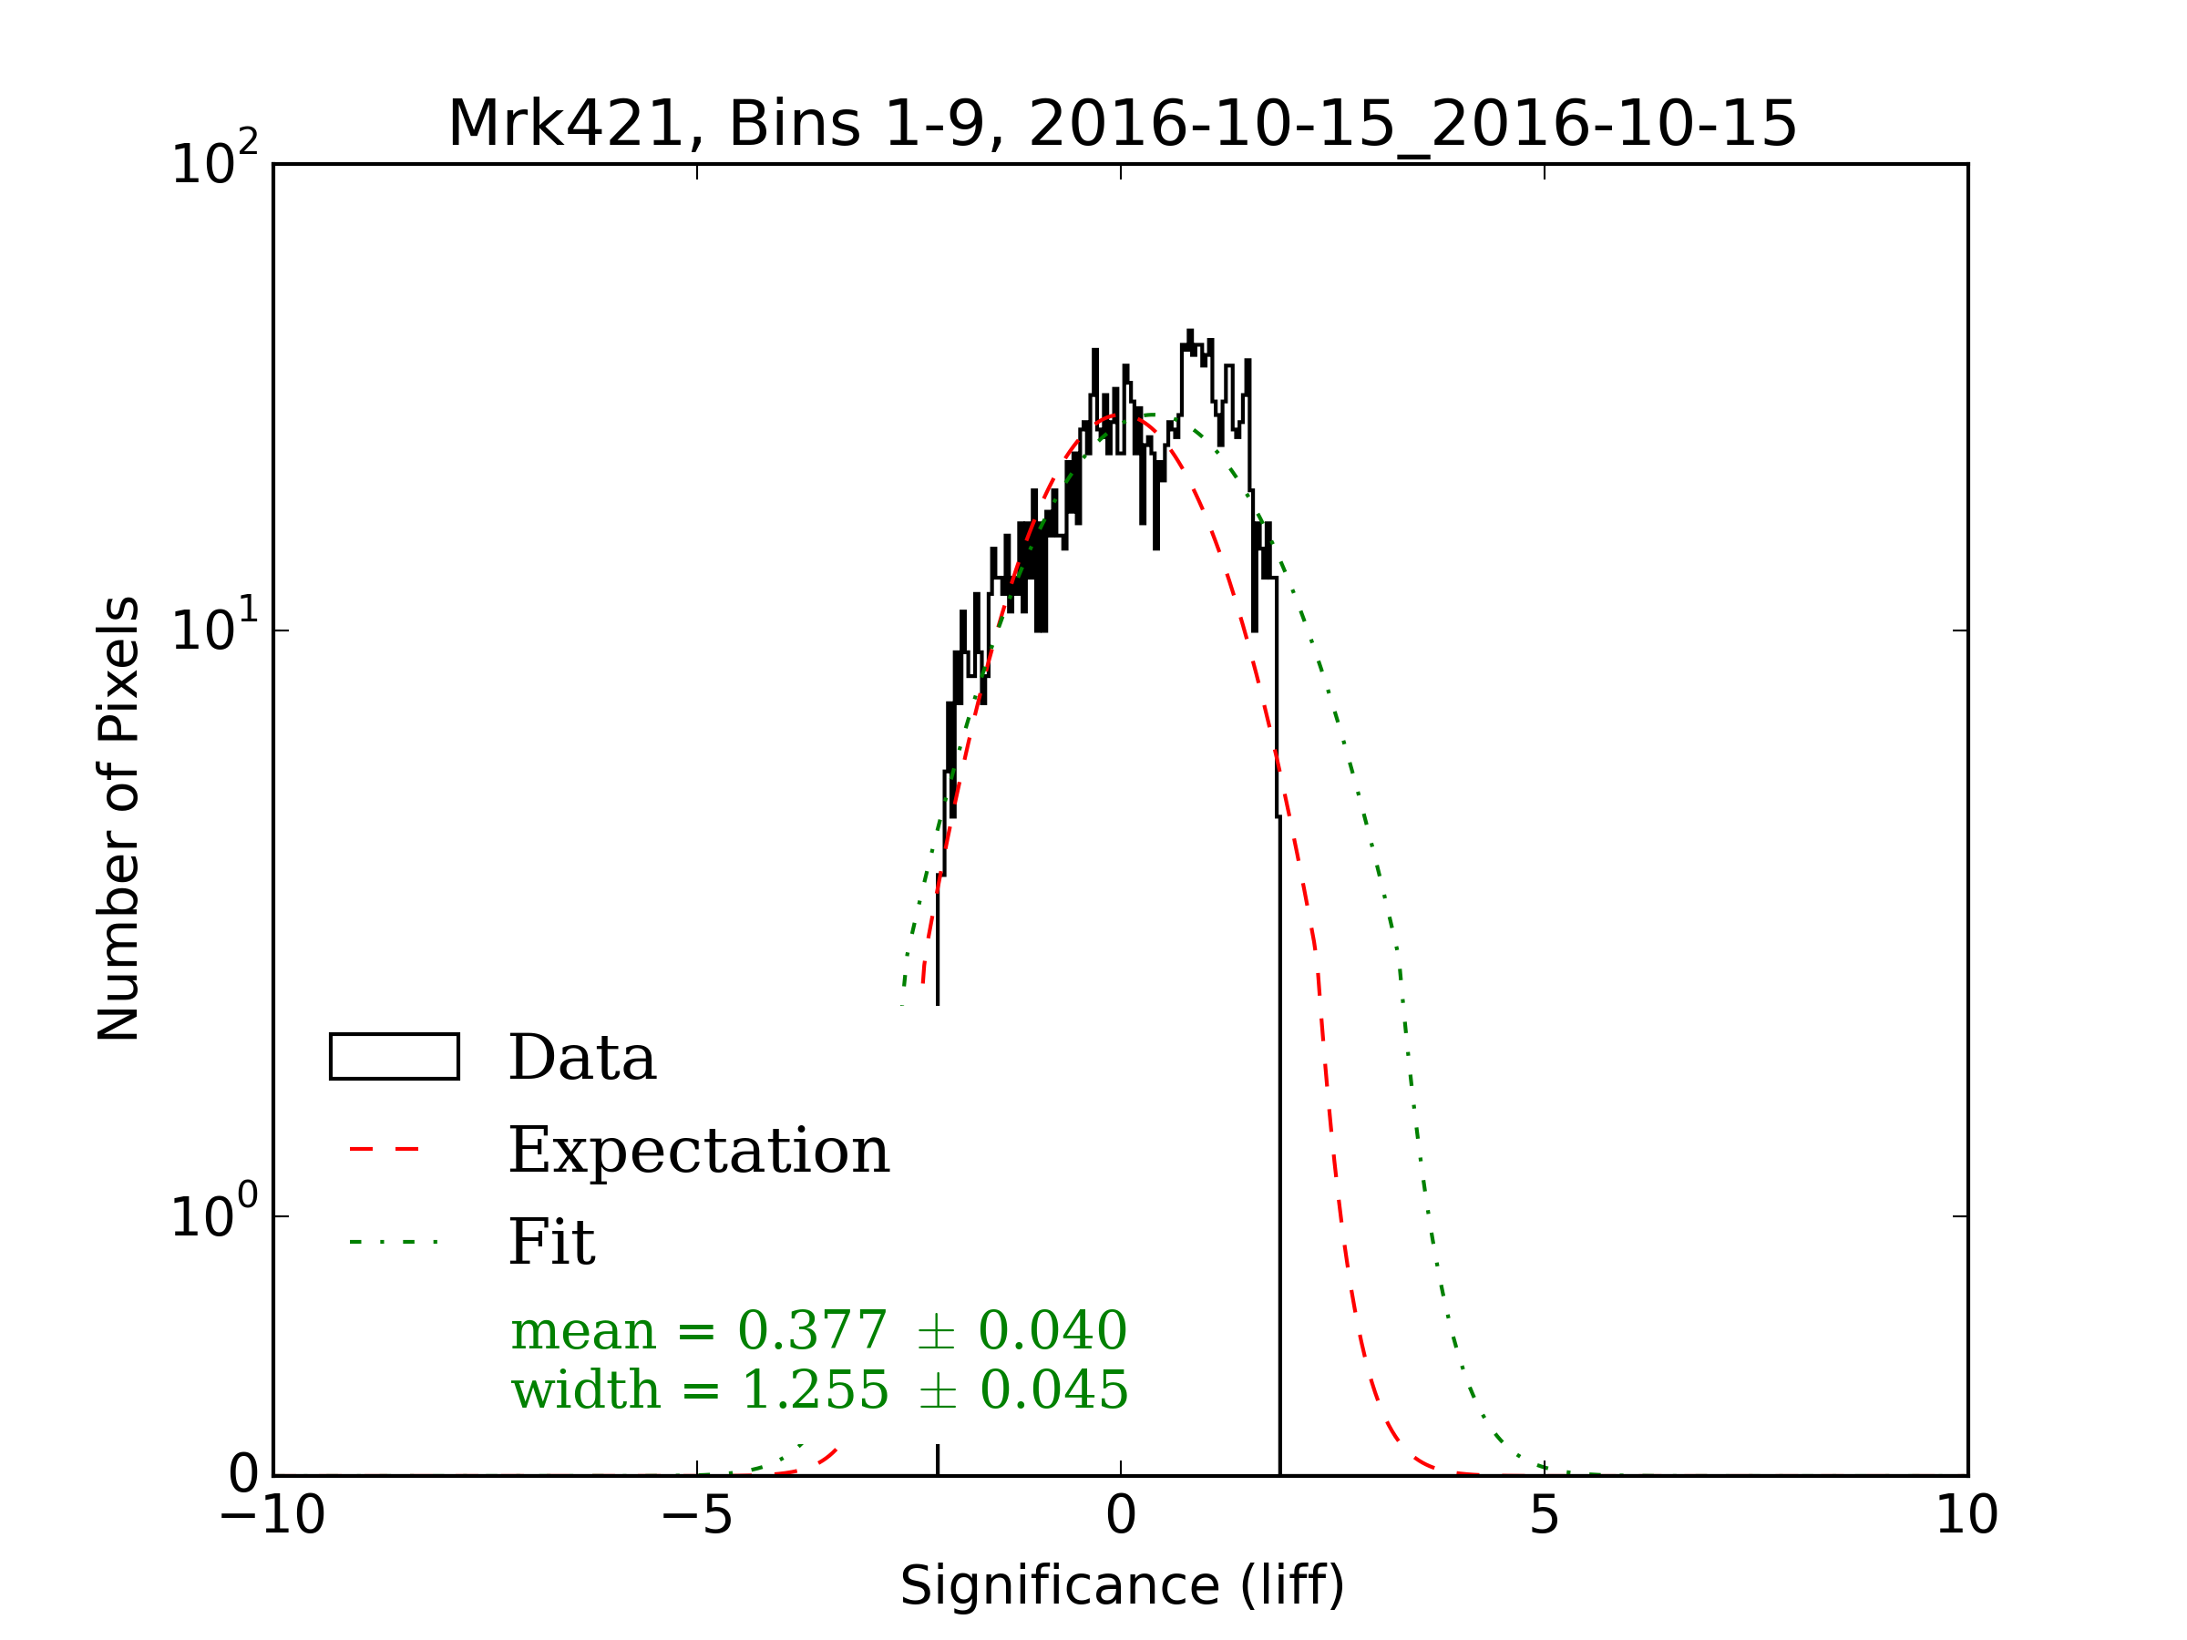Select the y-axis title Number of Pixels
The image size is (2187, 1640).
point(118,818)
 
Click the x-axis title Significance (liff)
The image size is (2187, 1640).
point(1122,1585)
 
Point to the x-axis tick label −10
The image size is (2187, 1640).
point(272,1515)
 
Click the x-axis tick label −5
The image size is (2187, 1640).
point(697,1515)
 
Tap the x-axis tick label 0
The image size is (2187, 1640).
point(1120,1515)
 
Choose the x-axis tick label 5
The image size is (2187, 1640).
point(1545,1515)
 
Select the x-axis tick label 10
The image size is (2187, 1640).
point(1966,1515)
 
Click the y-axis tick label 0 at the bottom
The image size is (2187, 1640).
point(243,1475)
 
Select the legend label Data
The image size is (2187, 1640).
point(582,1059)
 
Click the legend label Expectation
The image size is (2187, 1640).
point(699,1151)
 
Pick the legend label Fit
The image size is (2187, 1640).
point(551,1243)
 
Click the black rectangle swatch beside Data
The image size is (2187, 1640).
point(394,1057)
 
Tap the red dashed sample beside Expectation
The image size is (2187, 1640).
point(385,1150)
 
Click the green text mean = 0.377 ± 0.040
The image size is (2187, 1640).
point(818,1330)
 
